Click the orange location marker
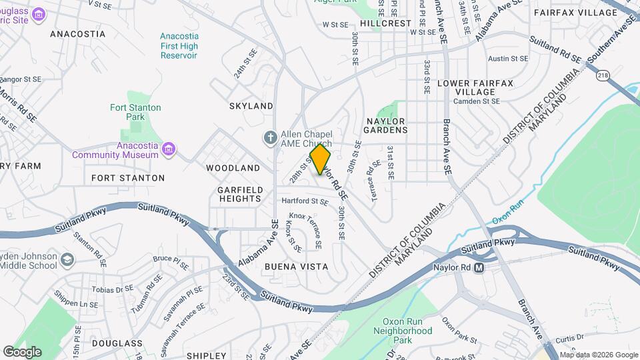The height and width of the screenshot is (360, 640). click(321, 159)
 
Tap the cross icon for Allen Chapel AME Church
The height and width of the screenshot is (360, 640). click(269, 138)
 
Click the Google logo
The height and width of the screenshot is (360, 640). click(22, 351)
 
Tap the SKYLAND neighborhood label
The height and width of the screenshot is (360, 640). click(251, 106)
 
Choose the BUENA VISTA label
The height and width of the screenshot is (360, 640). click(296, 266)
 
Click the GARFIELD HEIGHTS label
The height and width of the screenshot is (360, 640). click(239, 194)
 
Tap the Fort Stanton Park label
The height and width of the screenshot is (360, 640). click(135, 112)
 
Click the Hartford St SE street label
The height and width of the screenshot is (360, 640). click(304, 201)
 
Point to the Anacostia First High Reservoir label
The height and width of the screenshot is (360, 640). click(179, 46)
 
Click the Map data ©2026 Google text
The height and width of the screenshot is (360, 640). click(599, 355)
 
